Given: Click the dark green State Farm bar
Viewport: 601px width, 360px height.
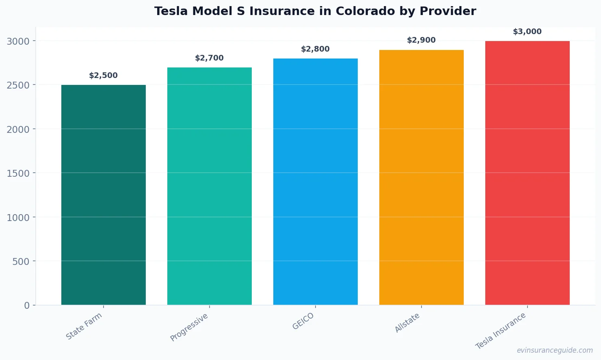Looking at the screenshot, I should click(x=104, y=195).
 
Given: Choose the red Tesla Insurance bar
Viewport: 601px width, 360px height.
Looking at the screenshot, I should click(x=527, y=173).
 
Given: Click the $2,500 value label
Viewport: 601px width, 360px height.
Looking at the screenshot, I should click(x=104, y=76).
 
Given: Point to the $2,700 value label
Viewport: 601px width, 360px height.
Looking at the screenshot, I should click(x=210, y=58).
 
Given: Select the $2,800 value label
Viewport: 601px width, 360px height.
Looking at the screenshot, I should click(x=316, y=49).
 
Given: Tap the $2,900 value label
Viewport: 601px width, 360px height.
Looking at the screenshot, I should click(x=422, y=40).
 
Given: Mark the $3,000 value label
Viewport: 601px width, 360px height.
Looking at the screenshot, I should click(x=527, y=32).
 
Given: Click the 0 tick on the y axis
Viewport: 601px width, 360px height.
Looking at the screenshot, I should click(x=27, y=306).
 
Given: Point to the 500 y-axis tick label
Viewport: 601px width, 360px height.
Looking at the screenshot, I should click(x=21, y=262).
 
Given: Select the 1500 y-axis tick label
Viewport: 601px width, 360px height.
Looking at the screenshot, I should click(x=18, y=173).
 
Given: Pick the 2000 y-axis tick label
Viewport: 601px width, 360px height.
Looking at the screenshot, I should click(x=18, y=130).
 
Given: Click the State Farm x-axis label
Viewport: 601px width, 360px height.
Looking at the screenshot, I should click(x=84, y=326).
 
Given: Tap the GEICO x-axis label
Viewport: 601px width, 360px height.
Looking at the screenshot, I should click(x=303, y=321).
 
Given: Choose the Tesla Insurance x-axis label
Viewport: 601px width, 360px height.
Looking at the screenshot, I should click(x=501, y=331).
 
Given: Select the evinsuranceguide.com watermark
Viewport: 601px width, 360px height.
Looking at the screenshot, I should click(x=555, y=350).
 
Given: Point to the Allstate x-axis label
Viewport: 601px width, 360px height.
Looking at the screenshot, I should click(x=407, y=323).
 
